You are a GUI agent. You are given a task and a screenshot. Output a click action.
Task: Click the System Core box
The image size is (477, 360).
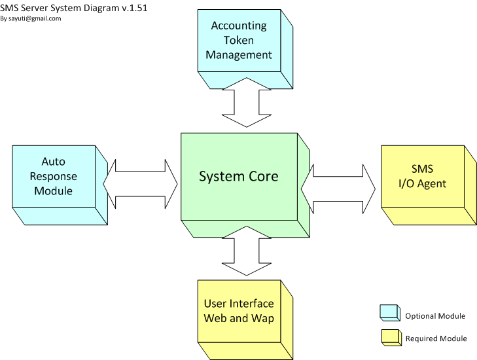click(x=239, y=177)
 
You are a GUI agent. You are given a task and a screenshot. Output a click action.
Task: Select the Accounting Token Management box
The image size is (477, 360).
click(x=239, y=41)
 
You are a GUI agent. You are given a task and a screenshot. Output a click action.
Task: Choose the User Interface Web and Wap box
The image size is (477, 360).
click(x=239, y=311)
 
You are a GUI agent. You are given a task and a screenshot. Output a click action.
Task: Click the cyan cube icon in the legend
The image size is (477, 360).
click(x=390, y=313)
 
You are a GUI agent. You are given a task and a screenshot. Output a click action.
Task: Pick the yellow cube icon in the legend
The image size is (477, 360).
click(x=390, y=337)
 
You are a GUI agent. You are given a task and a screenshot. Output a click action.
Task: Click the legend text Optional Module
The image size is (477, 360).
click(x=435, y=316)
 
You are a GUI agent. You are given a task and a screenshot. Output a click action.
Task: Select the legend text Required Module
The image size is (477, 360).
click(x=436, y=338)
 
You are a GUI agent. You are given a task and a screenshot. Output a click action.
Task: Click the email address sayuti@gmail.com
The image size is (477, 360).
click(x=35, y=18)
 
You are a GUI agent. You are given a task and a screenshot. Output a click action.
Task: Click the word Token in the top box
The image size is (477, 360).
click(x=239, y=41)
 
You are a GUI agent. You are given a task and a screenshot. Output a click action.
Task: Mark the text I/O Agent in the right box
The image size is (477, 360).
click(x=422, y=183)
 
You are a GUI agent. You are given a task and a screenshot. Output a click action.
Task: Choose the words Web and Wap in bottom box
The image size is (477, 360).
click(x=239, y=318)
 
